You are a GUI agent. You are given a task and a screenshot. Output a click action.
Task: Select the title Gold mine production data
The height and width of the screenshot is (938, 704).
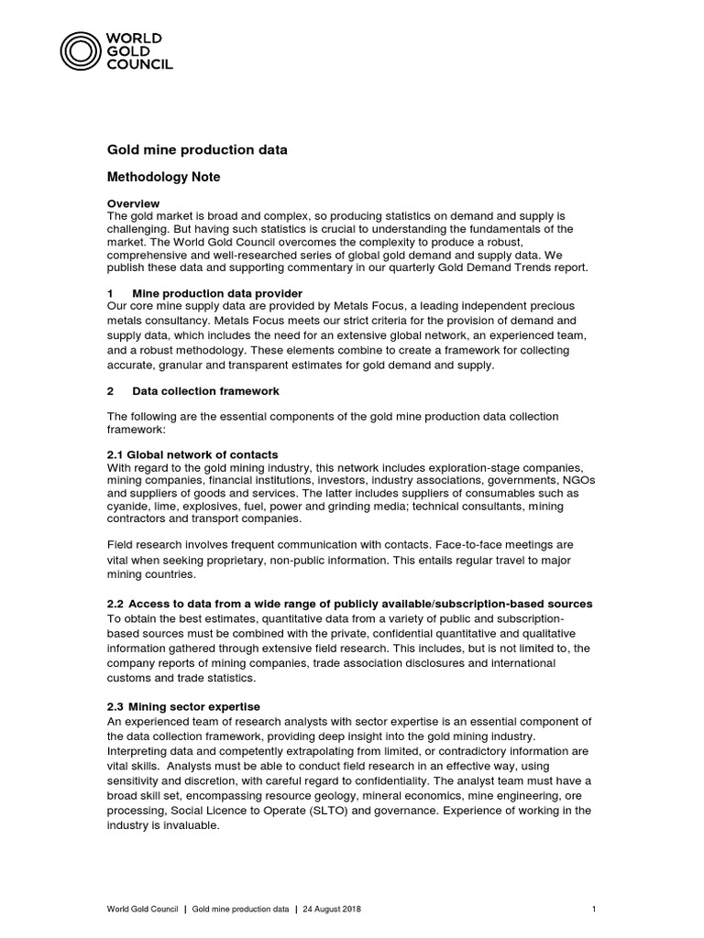[198, 149]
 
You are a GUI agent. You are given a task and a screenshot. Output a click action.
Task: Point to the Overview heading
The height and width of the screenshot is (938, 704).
[134, 203]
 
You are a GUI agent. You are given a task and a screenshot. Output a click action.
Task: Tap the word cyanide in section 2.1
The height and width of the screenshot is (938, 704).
[128, 506]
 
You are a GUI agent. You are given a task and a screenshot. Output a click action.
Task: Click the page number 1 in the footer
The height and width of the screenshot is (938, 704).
[595, 909]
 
